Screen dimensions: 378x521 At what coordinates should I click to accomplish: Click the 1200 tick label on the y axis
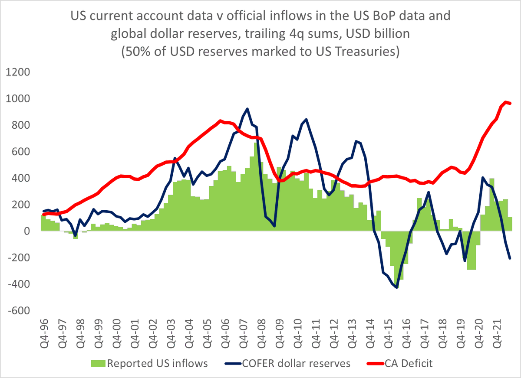[x=17, y=72]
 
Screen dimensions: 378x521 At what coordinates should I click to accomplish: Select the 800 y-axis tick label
[x=21, y=125]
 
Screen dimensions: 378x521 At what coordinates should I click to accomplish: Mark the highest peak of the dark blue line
[x=247, y=109]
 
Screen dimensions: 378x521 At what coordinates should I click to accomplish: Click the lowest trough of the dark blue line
[x=397, y=288]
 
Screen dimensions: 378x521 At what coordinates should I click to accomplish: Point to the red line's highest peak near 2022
[x=506, y=102]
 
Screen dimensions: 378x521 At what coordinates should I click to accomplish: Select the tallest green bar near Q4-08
[x=257, y=143]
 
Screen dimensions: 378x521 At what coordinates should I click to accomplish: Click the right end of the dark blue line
[x=510, y=258]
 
